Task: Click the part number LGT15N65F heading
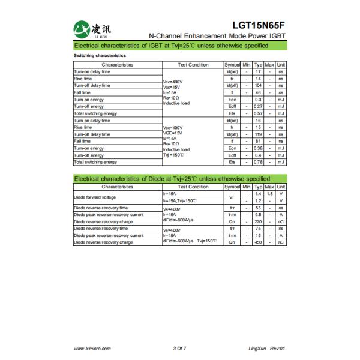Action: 259,25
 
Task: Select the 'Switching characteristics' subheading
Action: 100,56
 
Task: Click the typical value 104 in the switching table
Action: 258,85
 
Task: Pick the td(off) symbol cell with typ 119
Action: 232,134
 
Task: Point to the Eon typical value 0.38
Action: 258,148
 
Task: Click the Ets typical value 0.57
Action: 258,113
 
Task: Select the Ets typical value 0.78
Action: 258,162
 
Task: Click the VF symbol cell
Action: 232,197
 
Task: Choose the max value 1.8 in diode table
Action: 270,194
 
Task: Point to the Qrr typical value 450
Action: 258,242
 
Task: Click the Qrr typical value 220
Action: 258,221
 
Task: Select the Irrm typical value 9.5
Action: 258,215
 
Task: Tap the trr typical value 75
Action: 258,229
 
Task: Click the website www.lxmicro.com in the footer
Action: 91,348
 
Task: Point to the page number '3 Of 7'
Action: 179,348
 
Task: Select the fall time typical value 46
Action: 258,92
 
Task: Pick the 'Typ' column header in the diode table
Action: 258,187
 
